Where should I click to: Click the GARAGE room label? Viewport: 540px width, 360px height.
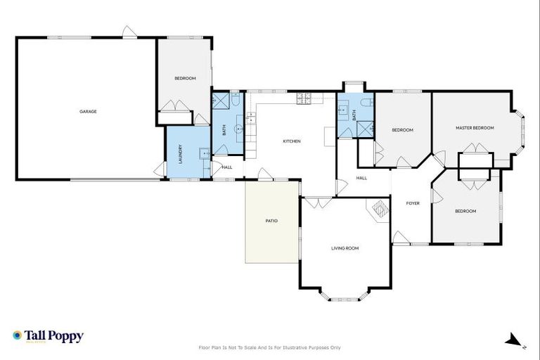tap(87, 111)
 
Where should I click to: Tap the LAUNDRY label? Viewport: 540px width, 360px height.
tap(181, 153)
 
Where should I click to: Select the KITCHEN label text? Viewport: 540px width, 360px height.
tap(292, 141)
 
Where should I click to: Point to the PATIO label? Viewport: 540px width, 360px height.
tap(271, 221)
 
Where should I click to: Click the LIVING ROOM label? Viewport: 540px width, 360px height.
tap(345, 248)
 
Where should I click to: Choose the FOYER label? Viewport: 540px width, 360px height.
tap(413, 203)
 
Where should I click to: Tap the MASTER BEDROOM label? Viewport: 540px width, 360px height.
tap(475, 128)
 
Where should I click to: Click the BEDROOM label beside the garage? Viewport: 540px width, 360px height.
tap(185, 78)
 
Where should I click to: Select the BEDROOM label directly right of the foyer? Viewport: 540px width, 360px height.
tap(465, 211)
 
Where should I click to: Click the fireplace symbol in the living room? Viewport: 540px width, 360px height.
tap(380, 209)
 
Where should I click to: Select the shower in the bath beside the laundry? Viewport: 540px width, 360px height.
tap(221, 102)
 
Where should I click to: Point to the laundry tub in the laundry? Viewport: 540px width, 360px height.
tap(203, 153)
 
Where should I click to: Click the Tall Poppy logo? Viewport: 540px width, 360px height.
tap(48, 336)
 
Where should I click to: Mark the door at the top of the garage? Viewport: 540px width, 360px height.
tap(128, 32)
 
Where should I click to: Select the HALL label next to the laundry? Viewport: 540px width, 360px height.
tap(226, 167)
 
